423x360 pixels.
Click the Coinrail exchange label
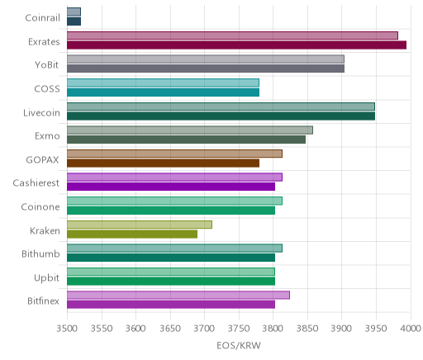pyautogui.click(x=42, y=18)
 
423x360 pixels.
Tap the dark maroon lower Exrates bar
pyautogui.click(x=236, y=45)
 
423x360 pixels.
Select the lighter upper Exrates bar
pyautogui.click(x=232, y=36)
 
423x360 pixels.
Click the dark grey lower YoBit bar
pyautogui.click(x=206, y=69)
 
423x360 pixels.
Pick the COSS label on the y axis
pyautogui.click(x=47, y=89)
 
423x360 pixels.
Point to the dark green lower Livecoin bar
pyautogui.click(x=221, y=116)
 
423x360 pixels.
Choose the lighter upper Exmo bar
pyautogui.click(x=190, y=130)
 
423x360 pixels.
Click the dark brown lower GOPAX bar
pyautogui.click(x=163, y=163)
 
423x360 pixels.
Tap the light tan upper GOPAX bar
pyautogui.click(x=174, y=154)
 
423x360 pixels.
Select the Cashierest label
pyautogui.click(x=36, y=183)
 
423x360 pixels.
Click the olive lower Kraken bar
pyautogui.click(x=132, y=234)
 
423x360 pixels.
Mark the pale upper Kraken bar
pyautogui.click(x=140, y=225)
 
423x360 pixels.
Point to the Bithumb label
pyautogui.click(x=40, y=253)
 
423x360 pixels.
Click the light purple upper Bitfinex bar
pyautogui.click(x=178, y=295)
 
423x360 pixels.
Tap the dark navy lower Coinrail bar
pyautogui.click(x=74, y=21)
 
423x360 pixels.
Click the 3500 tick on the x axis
pyautogui.click(x=67, y=329)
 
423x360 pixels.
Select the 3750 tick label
pyautogui.click(x=239, y=329)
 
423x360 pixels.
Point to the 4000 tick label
pyautogui.click(x=411, y=329)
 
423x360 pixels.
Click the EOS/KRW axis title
pyautogui.click(x=239, y=345)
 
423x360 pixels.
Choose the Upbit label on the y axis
pyautogui.click(x=47, y=278)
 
